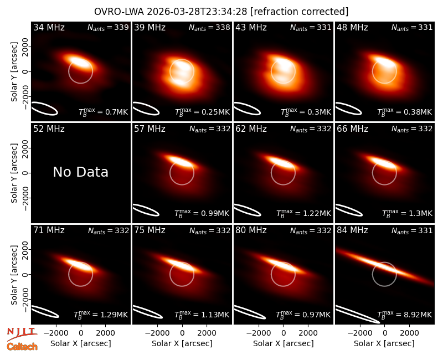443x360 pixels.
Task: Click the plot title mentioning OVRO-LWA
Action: (x=221, y=12)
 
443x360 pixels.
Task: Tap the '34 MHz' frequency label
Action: (x=49, y=27)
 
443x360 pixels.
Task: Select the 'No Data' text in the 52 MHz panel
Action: (x=80, y=172)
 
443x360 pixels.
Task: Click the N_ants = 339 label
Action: (x=108, y=27)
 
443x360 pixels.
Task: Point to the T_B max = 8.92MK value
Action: (x=405, y=314)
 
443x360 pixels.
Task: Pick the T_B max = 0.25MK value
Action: (x=202, y=112)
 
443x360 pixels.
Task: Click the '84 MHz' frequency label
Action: (x=352, y=230)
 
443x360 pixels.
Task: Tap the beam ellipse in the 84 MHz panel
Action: (x=357, y=314)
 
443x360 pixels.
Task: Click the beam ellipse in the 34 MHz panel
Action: (x=44, y=109)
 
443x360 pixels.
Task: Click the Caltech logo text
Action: (x=22, y=347)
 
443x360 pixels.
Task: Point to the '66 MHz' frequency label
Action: (x=352, y=129)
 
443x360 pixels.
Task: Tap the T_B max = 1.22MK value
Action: (x=303, y=213)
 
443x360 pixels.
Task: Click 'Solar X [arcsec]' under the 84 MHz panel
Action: (x=384, y=343)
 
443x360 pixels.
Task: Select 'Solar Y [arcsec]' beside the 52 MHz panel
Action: (x=14, y=173)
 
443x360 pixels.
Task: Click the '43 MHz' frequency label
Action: (x=251, y=27)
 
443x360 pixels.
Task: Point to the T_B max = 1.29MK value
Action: (x=101, y=314)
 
